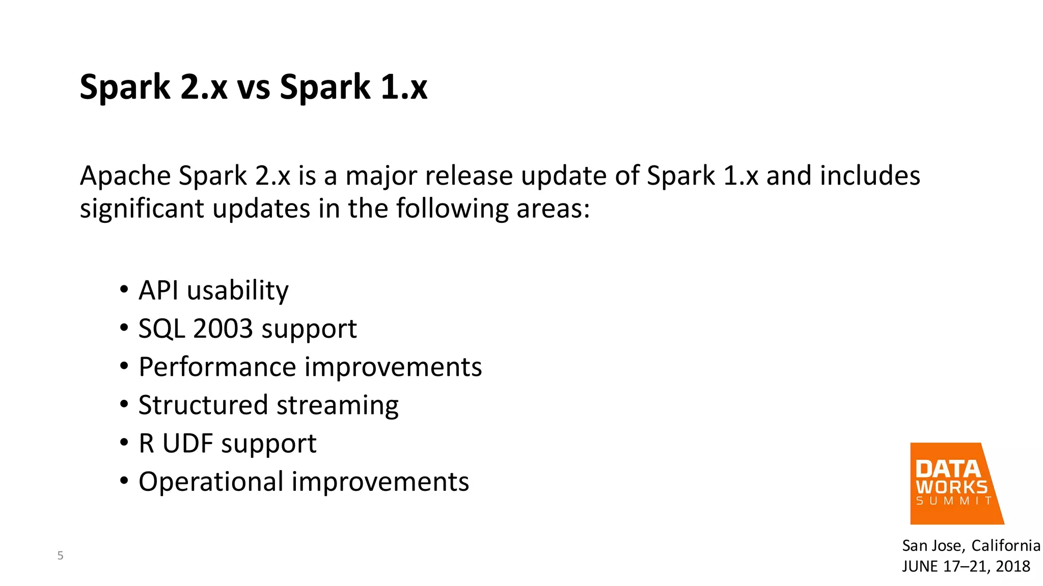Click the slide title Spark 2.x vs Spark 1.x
254,87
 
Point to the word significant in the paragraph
142,209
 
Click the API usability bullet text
213,290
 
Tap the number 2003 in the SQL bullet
223,329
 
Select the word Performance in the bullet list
217,367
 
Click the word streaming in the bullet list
337,405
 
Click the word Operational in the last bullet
211,482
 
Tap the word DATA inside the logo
948,468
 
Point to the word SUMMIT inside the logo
954,501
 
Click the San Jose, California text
971,546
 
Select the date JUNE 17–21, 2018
966,566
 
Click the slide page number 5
60,555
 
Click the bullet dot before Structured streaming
124,405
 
